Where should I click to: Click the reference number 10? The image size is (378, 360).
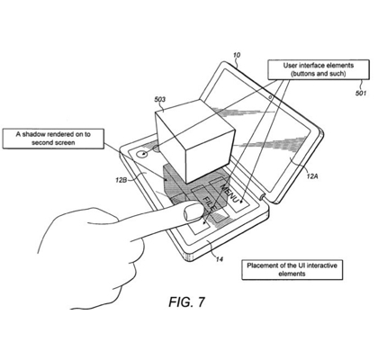tap(237, 55)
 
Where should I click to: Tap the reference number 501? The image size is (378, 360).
tap(361, 93)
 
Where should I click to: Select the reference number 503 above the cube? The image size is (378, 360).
tap(160, 99)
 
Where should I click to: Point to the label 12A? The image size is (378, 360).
tap(312, 176)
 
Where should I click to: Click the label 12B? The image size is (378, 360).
tap(121, 180)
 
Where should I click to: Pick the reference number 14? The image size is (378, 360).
tap(220, 259)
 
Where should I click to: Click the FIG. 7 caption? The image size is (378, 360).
tap(186, 301)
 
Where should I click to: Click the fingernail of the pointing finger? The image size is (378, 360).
tap(191, 213)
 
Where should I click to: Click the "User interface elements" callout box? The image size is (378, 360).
tap(318, 69)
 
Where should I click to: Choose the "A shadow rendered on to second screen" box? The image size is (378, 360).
tap(53, 139)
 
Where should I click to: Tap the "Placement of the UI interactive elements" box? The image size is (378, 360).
tap(292, 270)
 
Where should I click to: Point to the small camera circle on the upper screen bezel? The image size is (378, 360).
tap(270, 97)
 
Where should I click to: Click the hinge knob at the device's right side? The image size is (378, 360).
tap(263, 197)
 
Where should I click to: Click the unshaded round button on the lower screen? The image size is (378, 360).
tap(141, 154)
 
